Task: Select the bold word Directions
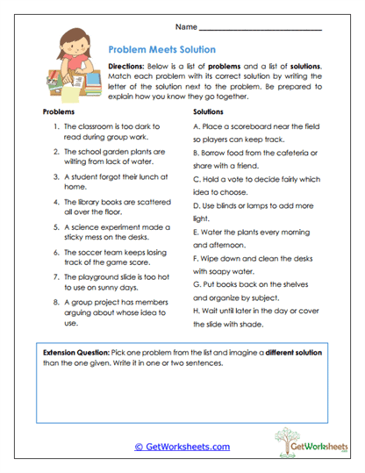[x=127, y=68]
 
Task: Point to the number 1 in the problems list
[x=55, y=128]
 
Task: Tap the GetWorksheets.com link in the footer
[x=182, y=447]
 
